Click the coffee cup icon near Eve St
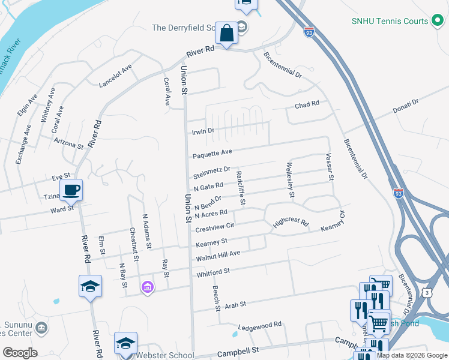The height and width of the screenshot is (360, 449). tap(71, 190)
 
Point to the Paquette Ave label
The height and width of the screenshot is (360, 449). tap(212, 154)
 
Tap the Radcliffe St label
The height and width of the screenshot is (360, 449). tap(241, 188)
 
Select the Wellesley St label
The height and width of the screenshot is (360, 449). tap(291, 179)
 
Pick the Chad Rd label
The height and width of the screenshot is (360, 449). tap(306, 105)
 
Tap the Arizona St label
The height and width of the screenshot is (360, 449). tap(67, 145)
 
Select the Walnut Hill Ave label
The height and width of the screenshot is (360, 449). tap(218, 256)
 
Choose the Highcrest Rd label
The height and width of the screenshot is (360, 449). tap(291, 223)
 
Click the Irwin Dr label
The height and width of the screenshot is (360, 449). tap(202, 131)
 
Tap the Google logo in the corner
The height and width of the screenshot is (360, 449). tap(20, 353)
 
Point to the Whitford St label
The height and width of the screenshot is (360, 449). tap(213, 272)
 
